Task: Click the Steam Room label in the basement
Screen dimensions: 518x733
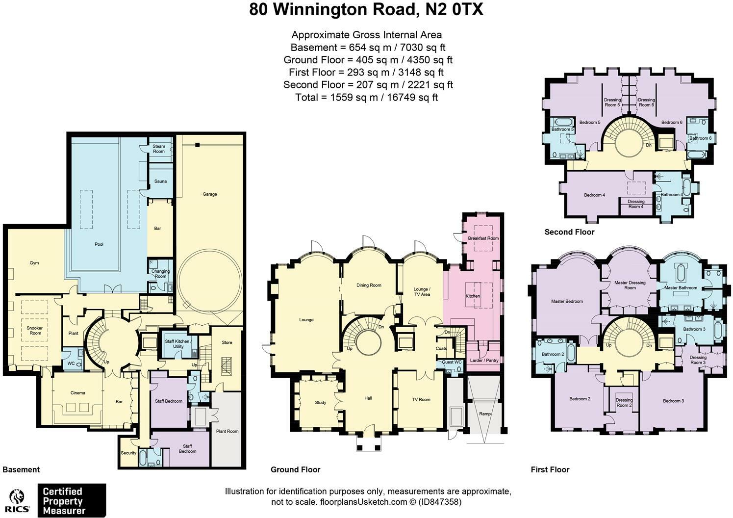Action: click(x=159, y=149)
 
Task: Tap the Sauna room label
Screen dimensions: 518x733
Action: click(x=160, y=181)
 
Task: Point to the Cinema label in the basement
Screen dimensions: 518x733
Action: click(x=77, y=393)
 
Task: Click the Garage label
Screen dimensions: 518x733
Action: click(x=210, y=194)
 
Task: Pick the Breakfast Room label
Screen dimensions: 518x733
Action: click(x=483, y=238)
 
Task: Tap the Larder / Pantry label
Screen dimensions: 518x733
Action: click(x=484, y=361)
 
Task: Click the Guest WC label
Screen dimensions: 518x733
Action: click(x=452, y=363)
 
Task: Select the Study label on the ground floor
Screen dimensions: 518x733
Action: click(x=320, y=403)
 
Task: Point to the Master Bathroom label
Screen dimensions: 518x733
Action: click(x=681, y=288)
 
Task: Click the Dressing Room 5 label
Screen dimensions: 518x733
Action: click(x=612, y=103)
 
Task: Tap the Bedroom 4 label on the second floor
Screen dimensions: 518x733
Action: click(x=594, y=195)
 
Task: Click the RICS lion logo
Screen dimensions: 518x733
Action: click(x=18, y=500)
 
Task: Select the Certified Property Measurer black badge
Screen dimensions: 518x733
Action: click(x=72, y=500)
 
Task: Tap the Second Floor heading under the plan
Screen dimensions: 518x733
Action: click(x=569, y=232)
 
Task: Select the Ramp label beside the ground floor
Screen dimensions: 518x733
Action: click(x=484, y=414)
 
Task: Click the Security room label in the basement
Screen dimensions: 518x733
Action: click(x=128, y=453)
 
